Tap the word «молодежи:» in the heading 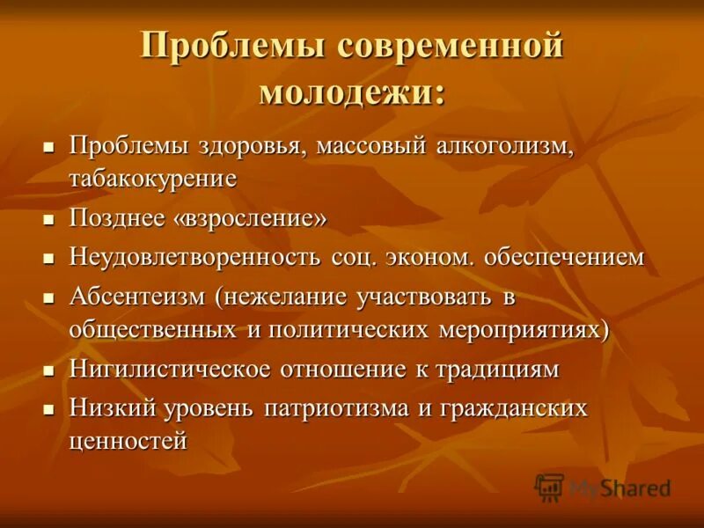point(352,92)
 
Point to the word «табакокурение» point(153,179)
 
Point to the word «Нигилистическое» point(173,369)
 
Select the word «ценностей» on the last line point(128,441)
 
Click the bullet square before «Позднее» point(50,219)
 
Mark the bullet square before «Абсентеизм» point(50,298)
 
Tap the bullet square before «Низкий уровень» point(50,409)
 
